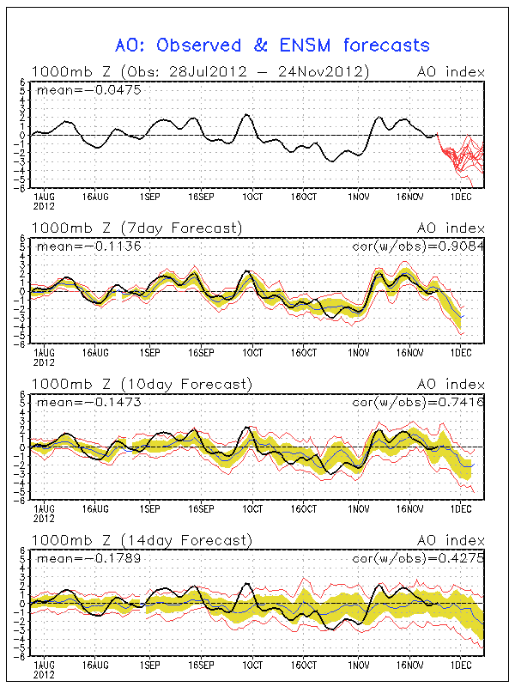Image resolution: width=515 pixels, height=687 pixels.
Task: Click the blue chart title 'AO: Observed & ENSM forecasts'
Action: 272,46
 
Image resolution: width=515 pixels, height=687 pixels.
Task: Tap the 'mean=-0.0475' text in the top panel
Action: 89,90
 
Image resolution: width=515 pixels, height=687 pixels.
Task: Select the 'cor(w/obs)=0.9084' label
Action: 418,246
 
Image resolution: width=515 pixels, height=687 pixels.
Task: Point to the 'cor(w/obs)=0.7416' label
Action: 418,402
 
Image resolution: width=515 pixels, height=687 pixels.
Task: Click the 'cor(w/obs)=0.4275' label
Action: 418,558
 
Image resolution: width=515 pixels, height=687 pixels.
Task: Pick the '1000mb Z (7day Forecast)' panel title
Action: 136,228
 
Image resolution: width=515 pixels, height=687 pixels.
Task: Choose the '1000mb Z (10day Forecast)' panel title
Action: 142,384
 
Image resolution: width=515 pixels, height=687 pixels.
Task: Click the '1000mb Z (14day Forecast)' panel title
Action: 142,540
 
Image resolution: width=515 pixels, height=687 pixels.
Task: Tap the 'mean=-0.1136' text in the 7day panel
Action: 89,246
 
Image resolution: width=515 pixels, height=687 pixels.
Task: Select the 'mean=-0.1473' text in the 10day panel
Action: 89,402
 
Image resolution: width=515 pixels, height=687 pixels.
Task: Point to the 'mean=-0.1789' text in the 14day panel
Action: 89,558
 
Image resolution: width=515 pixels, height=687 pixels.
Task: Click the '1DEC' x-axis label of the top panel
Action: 461,197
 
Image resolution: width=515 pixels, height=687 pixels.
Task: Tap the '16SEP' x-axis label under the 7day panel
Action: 201,353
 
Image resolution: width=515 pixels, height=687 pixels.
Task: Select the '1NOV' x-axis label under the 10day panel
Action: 359,508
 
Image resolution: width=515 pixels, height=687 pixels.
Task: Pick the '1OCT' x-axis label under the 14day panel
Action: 252,665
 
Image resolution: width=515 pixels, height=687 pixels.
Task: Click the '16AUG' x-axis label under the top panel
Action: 95,197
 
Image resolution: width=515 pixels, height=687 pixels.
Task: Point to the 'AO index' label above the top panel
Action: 451,72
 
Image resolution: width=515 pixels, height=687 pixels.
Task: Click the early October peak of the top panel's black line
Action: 246,114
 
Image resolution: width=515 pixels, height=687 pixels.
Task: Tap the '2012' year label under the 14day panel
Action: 44,675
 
